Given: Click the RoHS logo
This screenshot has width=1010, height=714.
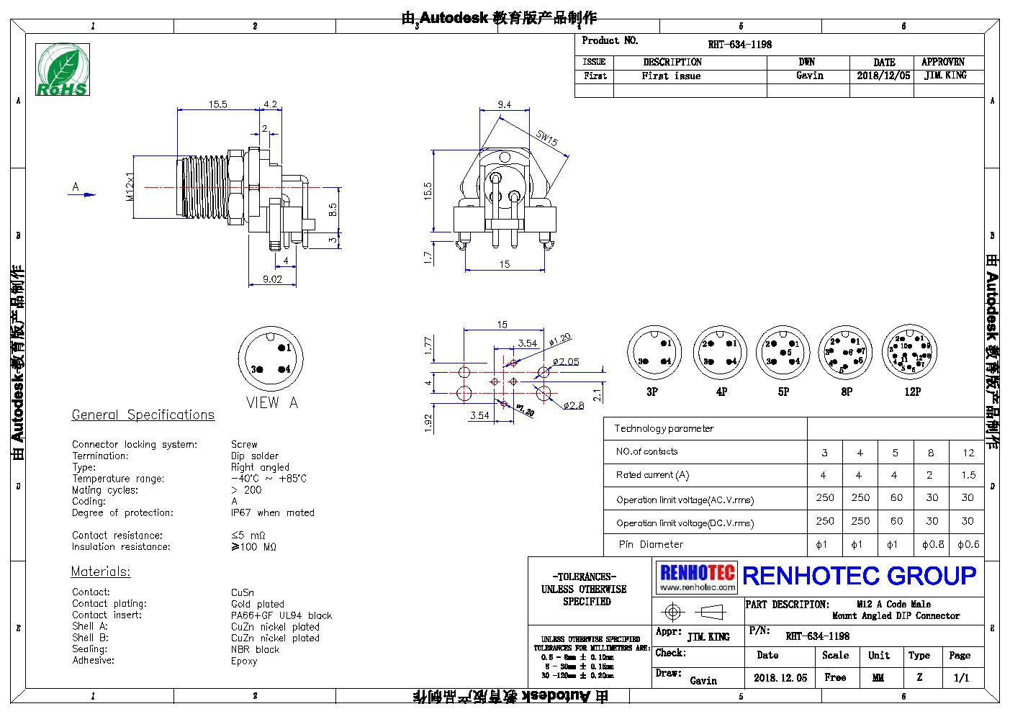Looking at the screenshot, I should [63, 69].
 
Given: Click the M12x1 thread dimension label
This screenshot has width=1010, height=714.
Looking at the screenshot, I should [130, 186].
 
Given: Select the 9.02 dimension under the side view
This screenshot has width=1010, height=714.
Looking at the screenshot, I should [272, 279].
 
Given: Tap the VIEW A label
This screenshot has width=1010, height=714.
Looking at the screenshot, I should [271, 403].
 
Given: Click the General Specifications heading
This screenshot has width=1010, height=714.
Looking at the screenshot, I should [143, 415].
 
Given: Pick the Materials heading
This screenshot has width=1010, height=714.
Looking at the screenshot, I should [101, 571].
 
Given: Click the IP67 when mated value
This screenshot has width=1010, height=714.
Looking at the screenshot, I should [272, 512].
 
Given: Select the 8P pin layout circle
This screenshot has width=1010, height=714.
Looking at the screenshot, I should [846, 353].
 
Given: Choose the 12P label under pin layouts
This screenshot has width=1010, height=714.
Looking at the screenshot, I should [912, 392].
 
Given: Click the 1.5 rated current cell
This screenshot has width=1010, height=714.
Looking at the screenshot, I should [968, 475].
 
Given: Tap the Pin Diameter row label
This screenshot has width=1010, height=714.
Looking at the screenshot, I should [651, 545].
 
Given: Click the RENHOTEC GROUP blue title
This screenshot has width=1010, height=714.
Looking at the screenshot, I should [859, 576].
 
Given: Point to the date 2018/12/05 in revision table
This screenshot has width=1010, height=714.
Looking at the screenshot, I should [883, 76].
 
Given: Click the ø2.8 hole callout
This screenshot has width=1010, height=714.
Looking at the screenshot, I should [574, 406].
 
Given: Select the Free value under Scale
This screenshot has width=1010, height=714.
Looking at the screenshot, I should [835, 677].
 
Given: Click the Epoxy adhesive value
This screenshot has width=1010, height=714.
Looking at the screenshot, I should [244, 661].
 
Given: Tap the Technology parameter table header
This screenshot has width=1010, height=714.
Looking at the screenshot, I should [664, 428].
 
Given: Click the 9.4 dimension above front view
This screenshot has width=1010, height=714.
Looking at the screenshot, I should [504, 105].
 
